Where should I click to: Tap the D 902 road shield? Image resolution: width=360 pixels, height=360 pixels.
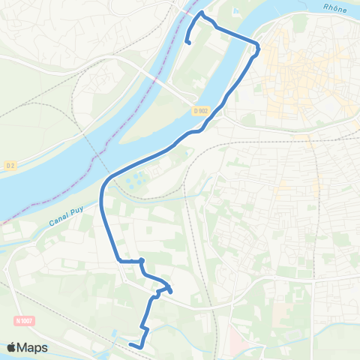click(x=199, y=110)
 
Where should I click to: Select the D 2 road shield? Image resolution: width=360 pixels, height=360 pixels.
click(x=10, y=165)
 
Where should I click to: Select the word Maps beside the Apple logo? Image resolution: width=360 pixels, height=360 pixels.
click(x=34, y=347)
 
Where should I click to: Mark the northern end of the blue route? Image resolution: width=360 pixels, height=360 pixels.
click(x=187, y=43)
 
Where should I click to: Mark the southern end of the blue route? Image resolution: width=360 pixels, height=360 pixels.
click(x=130, y=344)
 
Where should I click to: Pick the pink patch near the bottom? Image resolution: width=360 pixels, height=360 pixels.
click(x=235, y=341)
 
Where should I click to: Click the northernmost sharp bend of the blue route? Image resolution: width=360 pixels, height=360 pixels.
click(x=201, y=13)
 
